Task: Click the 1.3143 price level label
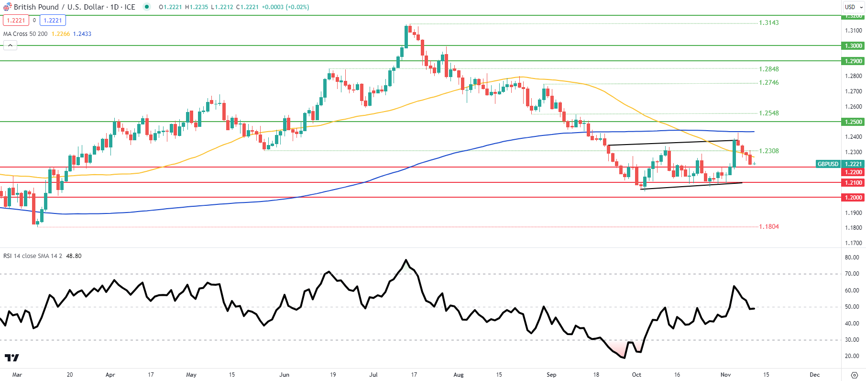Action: click(768, 22)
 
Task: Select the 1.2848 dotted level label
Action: click(768, 69)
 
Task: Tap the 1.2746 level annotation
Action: click(768, 82)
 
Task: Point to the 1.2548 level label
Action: click(768, 113)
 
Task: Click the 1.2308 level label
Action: click(768, 151)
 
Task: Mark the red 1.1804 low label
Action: click(768, 226)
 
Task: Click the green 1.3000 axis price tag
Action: click(853, 46)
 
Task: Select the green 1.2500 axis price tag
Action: click(853, 122)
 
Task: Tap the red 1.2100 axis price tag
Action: click(853, 182)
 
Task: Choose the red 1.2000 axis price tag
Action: click(853, 197)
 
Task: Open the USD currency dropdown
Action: click(854, 7)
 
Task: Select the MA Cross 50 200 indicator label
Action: click(25, 34)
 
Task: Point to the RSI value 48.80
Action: click(74, 256)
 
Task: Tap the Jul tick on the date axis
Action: click(373, 375)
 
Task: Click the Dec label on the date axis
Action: click(814, 375)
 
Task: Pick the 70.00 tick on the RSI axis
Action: click(852, 274)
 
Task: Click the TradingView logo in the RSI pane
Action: click(12, 358)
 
